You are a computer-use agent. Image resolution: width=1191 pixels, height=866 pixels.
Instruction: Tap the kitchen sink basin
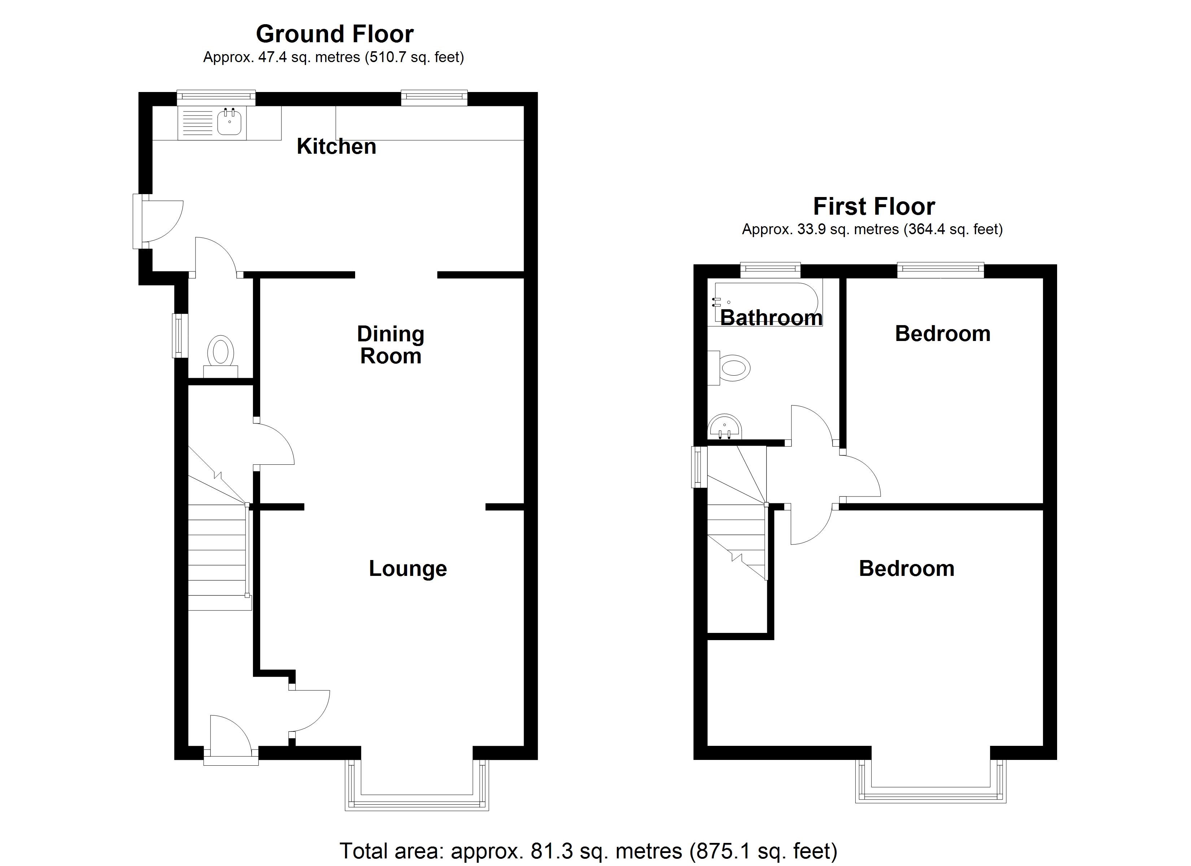point(230,122)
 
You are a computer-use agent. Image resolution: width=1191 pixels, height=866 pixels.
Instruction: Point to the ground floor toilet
point(221,353)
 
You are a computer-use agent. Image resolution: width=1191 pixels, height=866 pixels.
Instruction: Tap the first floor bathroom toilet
point(733,367)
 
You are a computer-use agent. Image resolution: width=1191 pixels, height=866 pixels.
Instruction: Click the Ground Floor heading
point(335,34)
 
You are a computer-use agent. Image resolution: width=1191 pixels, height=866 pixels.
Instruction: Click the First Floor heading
point(874,206)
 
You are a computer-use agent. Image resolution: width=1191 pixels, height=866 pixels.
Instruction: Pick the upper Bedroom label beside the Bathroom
point(943,334)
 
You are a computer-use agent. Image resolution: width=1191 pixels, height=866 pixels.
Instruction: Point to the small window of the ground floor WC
point(180,336)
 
